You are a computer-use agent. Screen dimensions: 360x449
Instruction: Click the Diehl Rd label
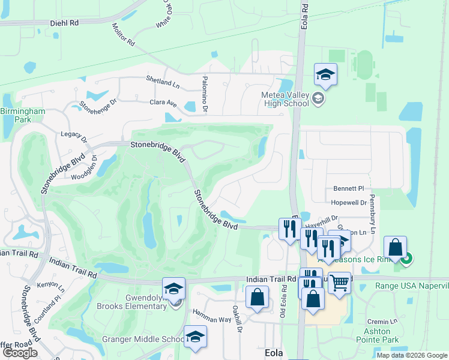tap(65, 23)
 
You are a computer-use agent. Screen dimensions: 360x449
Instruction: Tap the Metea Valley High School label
tap(285, 99)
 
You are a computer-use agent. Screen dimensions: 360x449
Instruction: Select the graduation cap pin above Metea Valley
tap(325, 75)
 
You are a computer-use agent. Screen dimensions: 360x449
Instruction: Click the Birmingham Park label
tap(22, 116)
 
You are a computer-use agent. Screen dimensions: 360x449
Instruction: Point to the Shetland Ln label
tap(163, 79)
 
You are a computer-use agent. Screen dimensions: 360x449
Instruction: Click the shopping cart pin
tap(339, 283)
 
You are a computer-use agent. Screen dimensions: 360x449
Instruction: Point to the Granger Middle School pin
tap(194, 337)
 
